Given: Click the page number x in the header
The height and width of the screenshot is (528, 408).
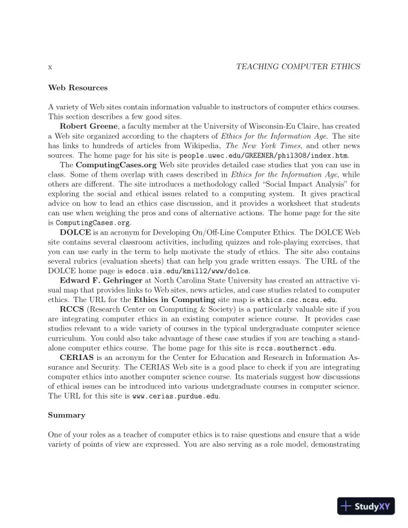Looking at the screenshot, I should coord(51,67).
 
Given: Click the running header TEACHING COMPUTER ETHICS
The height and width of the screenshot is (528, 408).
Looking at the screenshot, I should coord(294,67).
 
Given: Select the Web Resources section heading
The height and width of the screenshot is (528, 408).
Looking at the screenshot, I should coord(78,87).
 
